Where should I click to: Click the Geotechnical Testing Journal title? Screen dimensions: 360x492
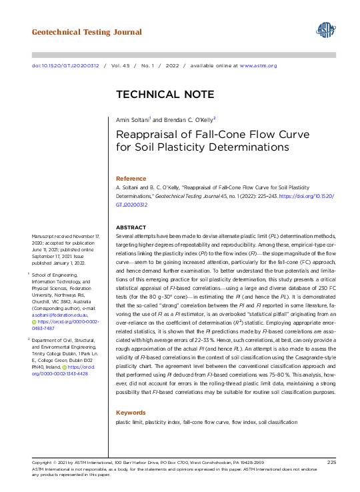87,32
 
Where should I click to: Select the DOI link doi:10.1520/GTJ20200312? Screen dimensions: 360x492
65,66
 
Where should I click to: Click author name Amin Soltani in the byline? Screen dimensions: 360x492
131,119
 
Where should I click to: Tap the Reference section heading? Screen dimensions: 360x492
131,179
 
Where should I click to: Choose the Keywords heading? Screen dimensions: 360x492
130,413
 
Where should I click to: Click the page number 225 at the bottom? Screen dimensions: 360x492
331,462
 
